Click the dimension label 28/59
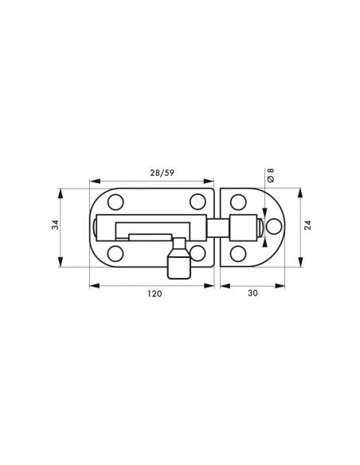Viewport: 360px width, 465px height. click(x=162, y=173)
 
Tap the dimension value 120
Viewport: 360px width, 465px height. click(x=155, y=294)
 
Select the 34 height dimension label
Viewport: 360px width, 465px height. click(x=56, y=225)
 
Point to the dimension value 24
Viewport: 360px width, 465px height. click(x=307, y=225)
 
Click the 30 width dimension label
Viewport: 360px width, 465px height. click(x=252, y=293)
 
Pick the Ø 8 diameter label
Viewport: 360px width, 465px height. click(x=271, y=175)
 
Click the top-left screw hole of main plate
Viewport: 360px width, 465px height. click(x=115, y=202)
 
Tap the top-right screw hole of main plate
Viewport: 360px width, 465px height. click(x=198, y=201)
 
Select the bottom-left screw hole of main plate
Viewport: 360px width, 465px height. click(x=115, y=254)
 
